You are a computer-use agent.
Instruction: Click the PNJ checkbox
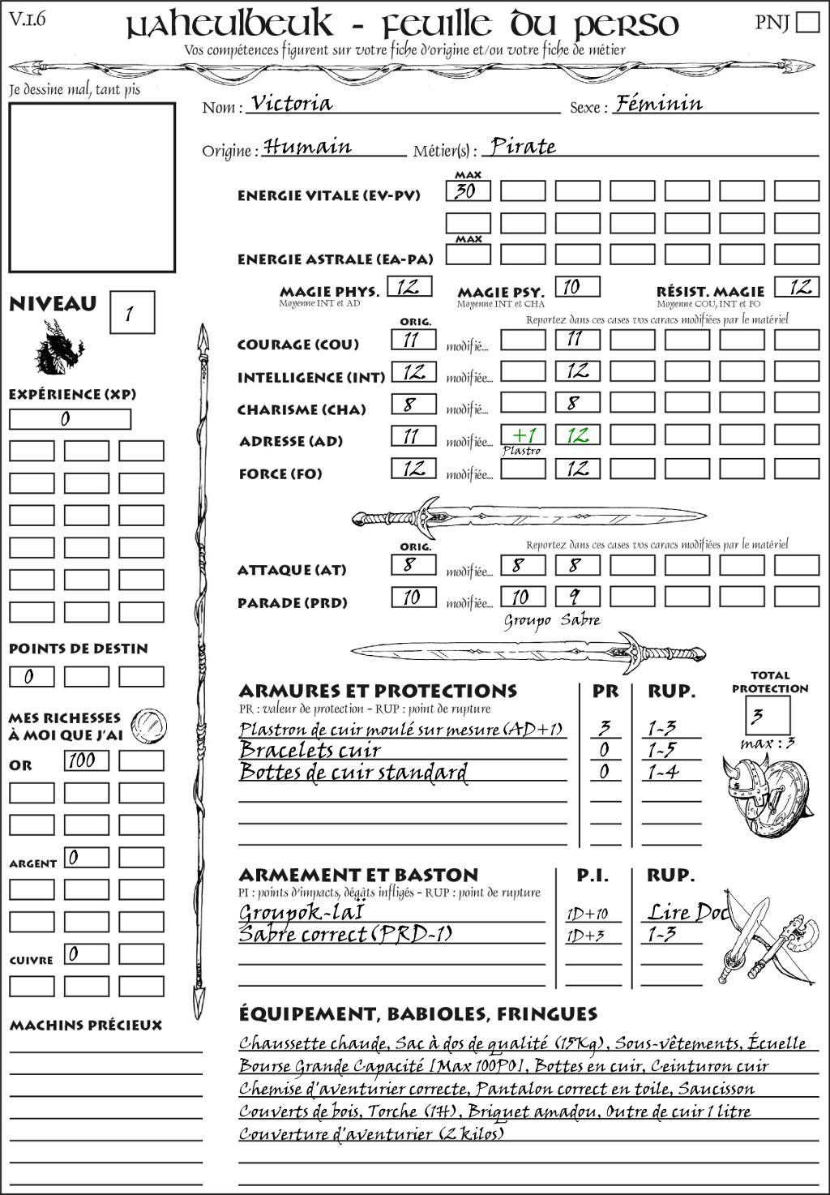coord(807,21)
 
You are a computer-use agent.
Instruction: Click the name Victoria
coord(292,104)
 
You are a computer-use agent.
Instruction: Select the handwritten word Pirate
coord(524,147)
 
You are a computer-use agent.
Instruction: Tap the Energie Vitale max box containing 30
coord(468,191)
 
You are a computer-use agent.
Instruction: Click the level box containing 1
coord(131,312)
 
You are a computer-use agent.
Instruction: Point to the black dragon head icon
coord(58,348)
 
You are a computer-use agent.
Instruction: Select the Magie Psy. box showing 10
coord(577,287)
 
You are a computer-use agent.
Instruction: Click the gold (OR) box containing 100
coord(86,760)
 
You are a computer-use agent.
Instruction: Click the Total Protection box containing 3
coord(767,715)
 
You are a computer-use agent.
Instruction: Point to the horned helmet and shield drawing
coord(764,791)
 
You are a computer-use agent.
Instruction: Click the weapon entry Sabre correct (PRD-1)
coord(345,934)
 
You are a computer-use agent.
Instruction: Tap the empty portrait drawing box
coord(92,187)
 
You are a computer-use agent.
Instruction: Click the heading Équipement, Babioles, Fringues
coord(417,1013)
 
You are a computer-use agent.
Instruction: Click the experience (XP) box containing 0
coord(70,419)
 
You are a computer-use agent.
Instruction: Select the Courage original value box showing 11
coord(413,340)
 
